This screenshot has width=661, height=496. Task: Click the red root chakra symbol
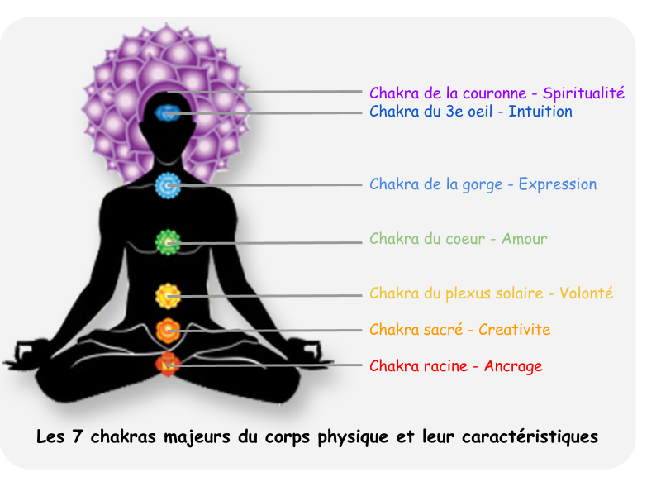click(169, 364)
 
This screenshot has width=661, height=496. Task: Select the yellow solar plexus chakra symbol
click(169, 295)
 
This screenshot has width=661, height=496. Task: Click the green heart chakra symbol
click(169, 241)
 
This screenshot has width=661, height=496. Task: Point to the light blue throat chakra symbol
click(169, 187)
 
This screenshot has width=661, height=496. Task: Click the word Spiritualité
click(583, 93)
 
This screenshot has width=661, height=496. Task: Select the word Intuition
click(540, 112)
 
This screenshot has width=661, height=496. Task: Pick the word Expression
click(558, 184)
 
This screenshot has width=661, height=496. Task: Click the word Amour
click(525, 239)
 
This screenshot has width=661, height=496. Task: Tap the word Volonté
click(586, 293)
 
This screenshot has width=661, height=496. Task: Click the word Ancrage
click(513, 366)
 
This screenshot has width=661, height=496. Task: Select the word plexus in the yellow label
click(474, 293)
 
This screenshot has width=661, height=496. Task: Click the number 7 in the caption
click(79, 436)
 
